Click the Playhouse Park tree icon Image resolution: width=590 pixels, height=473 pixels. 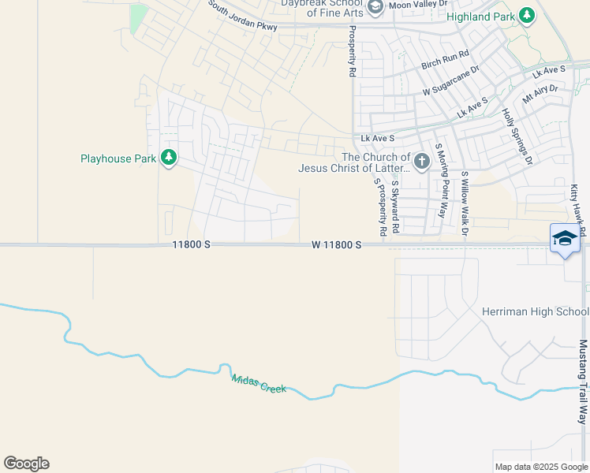click(169, 158)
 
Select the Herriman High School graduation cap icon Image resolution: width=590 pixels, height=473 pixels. click(565, 240)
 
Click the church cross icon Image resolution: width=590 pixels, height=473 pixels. click(422, 162)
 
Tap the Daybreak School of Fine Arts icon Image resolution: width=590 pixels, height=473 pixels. click(375, 7)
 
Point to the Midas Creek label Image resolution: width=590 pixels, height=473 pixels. click(259, 384)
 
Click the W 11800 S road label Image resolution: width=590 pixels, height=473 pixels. click(336, 245)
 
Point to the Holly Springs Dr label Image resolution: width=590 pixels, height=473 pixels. click(518, 136)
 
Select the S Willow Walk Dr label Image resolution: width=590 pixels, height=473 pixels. click(465, 203)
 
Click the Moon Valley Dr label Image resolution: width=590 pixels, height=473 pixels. click(419, 6)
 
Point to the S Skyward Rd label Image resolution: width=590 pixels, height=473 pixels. click(395, 207)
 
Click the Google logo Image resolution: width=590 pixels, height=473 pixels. click(26, 464)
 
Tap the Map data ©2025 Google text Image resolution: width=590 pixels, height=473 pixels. click(540, 467)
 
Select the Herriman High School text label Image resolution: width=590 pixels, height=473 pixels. click(535, 311)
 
